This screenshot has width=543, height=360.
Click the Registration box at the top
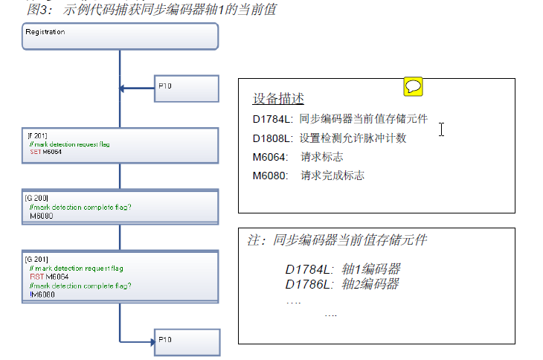[120, 35]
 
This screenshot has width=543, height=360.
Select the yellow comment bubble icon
[413, 86]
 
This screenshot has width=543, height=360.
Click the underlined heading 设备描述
[278, 99]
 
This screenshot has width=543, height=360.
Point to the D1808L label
[273, 138]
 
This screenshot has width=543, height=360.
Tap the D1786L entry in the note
[307, 284]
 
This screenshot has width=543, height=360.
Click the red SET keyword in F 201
[33, 152]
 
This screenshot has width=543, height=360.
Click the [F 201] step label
[37, 136]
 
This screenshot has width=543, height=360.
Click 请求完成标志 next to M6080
[332, 176]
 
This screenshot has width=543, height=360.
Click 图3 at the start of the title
[37, 10]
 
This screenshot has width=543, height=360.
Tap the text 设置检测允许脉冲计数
[353, 138]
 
